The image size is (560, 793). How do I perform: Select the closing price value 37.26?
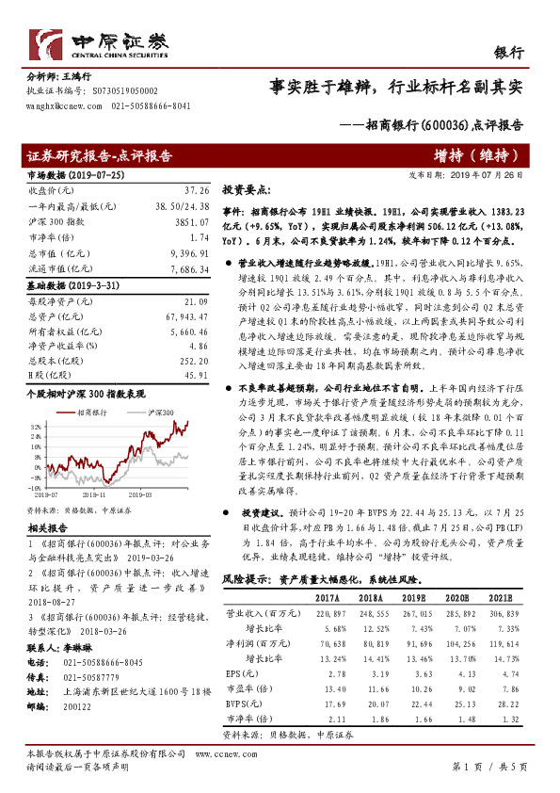click(x=183, y=190)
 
